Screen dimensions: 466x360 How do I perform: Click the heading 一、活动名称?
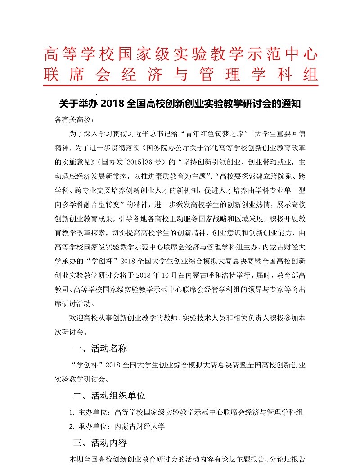click(x=100, y=348)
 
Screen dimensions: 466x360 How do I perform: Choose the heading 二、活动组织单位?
click(x=109, y=396)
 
